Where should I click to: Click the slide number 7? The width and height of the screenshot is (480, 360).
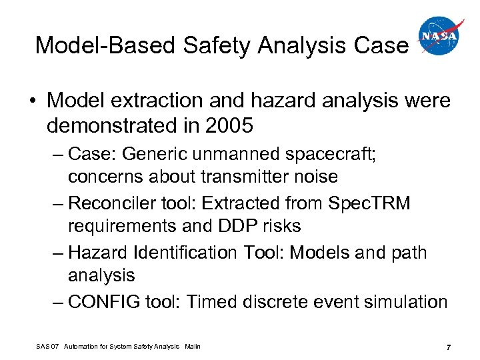click(x=449, y=347)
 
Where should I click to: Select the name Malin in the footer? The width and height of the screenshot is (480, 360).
click(x=191, y=346)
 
